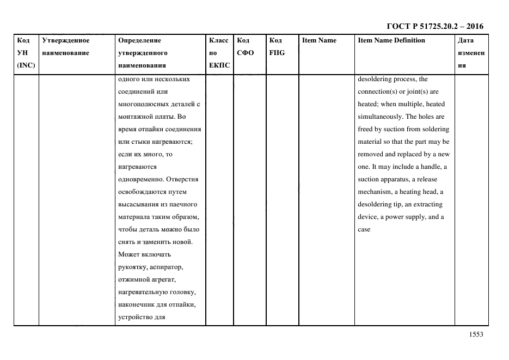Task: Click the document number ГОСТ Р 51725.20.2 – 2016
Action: (434, 26)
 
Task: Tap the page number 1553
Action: (476, 335)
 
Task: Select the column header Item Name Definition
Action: (391, 40)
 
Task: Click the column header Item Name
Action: (319, 40)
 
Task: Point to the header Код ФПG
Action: (277, 46)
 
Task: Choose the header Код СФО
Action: (246, 46)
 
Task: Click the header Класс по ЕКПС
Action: (219, 53)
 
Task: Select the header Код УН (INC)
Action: (26, 53)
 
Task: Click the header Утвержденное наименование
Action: (65, 46)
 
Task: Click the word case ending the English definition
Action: (364, 229)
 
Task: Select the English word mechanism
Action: (375, 192)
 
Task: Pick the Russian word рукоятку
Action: (132, 267)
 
